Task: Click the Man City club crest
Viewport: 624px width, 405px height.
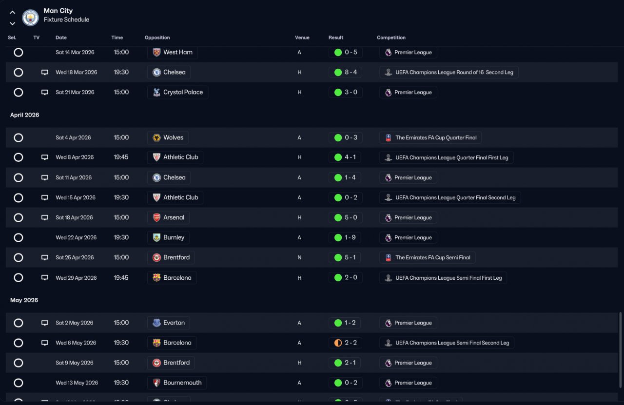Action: coord(30,18)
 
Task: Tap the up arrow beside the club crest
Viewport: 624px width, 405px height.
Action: coord(12,12)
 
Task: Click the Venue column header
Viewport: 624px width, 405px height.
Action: coord(302,38)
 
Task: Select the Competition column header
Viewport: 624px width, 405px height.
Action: coord(391,38)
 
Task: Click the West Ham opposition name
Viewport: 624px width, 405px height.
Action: coord(178,52)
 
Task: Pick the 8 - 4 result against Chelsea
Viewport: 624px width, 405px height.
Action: coord(351,72)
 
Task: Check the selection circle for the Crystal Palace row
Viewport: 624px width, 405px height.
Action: coord(19,92)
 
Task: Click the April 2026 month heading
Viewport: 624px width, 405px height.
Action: coord(24,115)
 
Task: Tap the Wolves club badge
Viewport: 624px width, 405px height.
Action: coord(156,137)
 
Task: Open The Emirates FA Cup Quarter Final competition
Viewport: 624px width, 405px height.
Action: coord(436,137)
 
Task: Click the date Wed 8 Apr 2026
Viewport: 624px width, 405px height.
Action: coord(75,157)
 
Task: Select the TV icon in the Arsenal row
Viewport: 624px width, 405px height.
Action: coord(44,217)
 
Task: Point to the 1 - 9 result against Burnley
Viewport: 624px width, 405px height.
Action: coord(350,238)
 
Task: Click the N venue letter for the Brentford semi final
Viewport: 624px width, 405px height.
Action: coord(299,258)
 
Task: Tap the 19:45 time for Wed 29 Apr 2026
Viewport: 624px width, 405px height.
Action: coord(121,278)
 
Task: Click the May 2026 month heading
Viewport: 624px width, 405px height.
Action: coord(24,300)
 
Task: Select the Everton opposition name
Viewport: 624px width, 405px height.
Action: coord(174,323)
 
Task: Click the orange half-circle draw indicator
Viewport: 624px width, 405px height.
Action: coord(338,343)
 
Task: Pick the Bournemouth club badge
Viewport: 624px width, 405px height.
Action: coord(156,383)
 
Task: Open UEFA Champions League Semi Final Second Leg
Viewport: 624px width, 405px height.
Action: coord(452,343)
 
